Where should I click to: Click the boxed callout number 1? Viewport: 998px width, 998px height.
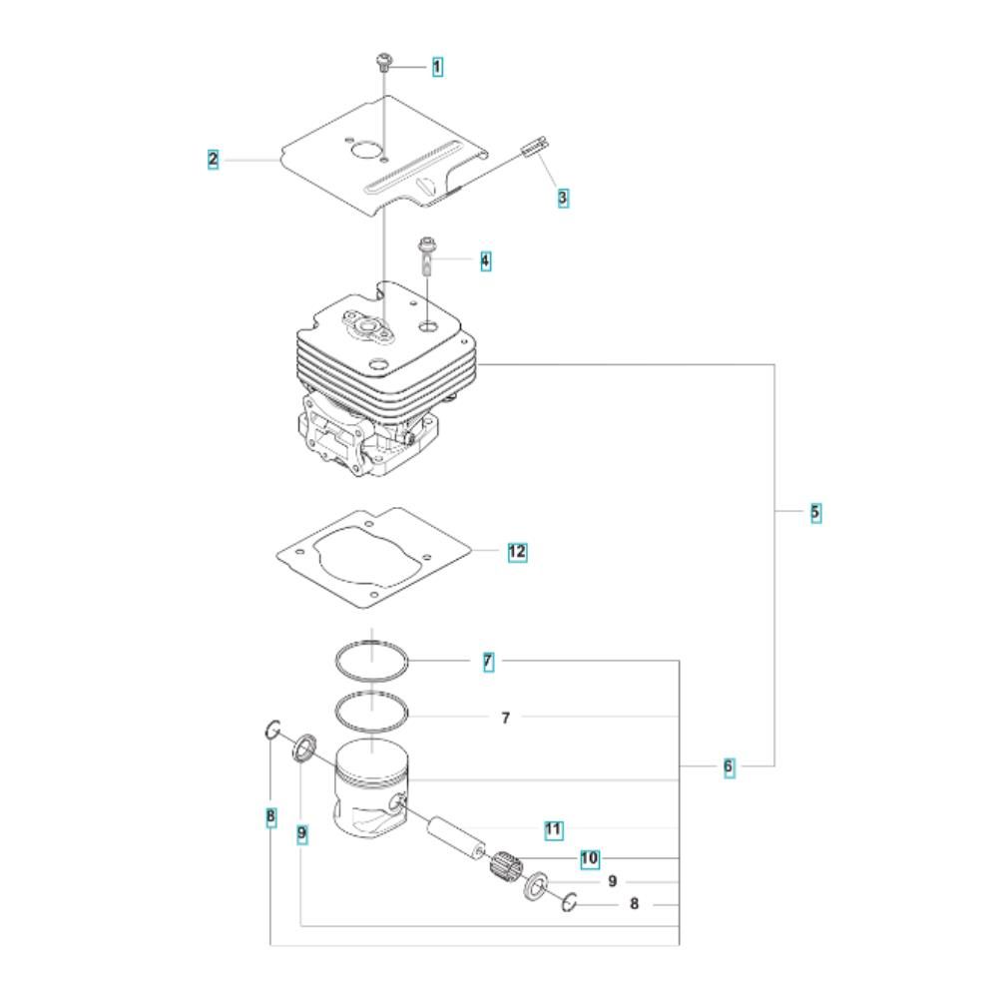pyautogui.click(x=437, y=66)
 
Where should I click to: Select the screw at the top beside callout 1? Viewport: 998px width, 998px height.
pyautogui.click(x=383, y=62)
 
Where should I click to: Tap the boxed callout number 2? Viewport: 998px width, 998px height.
pyautogui.click(x=213, y=159)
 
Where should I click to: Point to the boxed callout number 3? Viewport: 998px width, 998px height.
pyautogui.click(x=563, y=198)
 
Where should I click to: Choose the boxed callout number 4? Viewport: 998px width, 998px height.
pyautogui.click(x=486, y=260)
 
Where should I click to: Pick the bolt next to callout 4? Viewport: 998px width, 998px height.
pyautogui.click(x=426, y=255)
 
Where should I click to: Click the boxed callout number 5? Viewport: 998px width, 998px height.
pyautogui.click(x=815, y=512)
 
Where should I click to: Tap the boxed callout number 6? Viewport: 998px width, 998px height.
pyautogui.click(x=729, y=766)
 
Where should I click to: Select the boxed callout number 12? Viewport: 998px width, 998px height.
pyautogui.click(x=517, y=551)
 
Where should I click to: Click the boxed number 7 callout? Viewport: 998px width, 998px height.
pyautogui.click(x=488, y=662)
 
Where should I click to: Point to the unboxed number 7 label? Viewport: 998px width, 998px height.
pyautogui.click(x=505, y=718)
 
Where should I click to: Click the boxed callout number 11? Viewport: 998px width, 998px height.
pyautogui.click(x=553, y=829)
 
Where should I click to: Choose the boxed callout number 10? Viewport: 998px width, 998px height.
pyautogui.click(x=590, y=858)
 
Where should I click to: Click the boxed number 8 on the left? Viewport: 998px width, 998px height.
pyautogui.click(x=271, y=816)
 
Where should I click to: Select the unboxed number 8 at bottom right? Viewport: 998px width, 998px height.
pyautogui.click(x=634, y=904)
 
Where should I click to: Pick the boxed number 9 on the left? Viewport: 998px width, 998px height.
pyautogui.click(x=301, y=833)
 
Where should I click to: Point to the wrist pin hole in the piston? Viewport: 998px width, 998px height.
pyautogui.click(x=398, y=802)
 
